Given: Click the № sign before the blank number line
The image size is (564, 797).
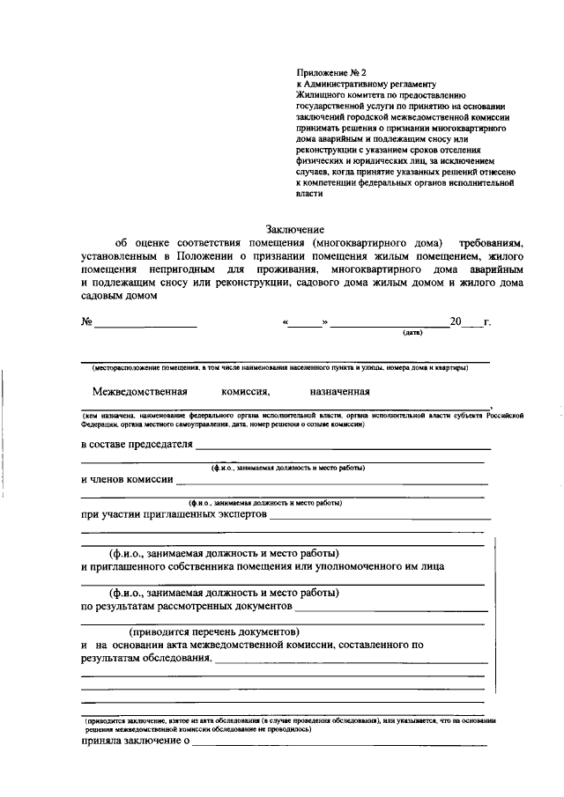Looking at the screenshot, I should click(87, 322).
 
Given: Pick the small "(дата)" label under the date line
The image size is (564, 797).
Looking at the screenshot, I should click(412, 333).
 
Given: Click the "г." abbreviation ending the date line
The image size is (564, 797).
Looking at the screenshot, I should click(486, 322).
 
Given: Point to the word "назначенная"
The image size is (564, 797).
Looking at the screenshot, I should click(339, 392).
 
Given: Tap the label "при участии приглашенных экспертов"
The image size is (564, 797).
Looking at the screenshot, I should click(174, 513).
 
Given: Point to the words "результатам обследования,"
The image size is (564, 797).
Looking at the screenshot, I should click(145, 657).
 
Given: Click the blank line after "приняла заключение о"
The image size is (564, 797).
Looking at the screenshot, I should click(340, 745).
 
